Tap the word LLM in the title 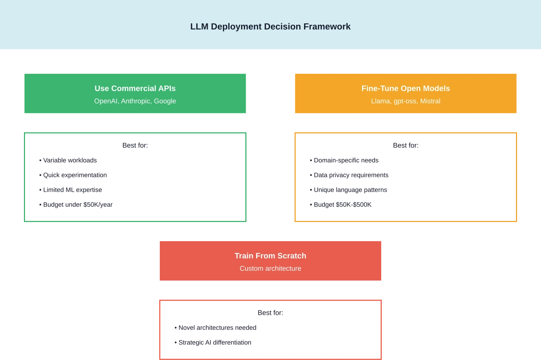pos(199,27)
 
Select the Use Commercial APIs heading pos(135,88)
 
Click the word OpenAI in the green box pos(106,101)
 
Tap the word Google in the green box pos(165,101)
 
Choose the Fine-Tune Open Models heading pos(406,88)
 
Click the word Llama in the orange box pos(380,101)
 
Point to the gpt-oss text pos(405,101)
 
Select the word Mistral pos(430,101)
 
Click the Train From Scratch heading pos(270,256)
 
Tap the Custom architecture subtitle pos(270,268)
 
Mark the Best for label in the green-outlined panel pos(134,145)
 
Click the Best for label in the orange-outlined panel pos(406,145)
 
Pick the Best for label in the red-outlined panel pos(270,313)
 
